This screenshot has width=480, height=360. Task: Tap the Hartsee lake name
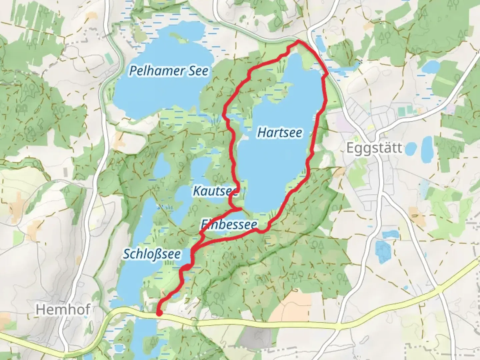[280, 133]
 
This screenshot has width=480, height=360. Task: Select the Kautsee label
[215, 191]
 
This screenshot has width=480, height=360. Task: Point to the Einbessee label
[229, 224]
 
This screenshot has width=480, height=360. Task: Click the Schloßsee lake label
[152, 254]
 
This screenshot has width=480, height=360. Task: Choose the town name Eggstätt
[374, 148]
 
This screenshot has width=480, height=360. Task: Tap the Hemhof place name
[63, 310]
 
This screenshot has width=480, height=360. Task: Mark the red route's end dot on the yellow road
[159, 313]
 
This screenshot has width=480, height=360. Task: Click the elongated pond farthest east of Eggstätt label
[427, 149]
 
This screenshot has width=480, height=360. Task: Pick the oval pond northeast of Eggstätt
[431, 67]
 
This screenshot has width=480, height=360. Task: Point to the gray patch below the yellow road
[255, 337]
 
